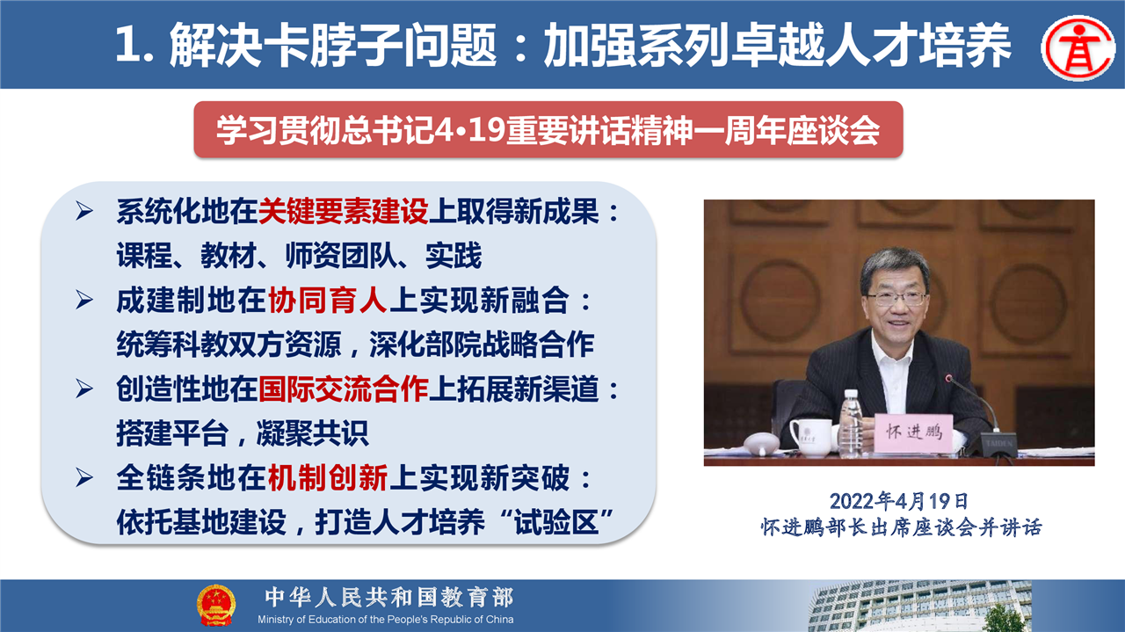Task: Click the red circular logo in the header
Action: click(1079, 47)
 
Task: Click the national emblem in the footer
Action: click(216, 605)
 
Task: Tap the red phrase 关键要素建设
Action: click(344, 211)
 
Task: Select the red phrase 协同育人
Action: click(328, 301)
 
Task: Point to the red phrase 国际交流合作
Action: click(344, 389)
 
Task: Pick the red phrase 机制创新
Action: click(328, 477)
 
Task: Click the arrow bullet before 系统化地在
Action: click(84, 212)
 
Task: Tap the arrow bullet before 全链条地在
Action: click(84, 478)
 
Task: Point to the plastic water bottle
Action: click(851, 424)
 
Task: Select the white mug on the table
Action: click(810, 437)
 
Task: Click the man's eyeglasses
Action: click(897, 299)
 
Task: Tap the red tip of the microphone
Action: click(948, 378)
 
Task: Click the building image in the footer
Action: click(920, 606)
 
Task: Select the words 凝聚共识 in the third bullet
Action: click(312, 433)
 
